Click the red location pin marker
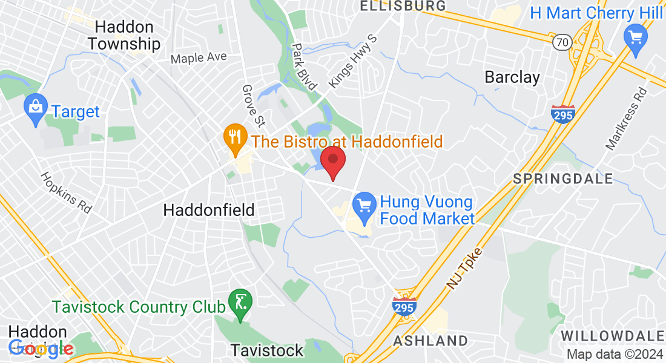(332, 161)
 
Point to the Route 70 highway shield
(562, 41)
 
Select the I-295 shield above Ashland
(404, 306)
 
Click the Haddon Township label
(124, 36)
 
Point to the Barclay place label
(512, 77)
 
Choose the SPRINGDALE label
(563, 178)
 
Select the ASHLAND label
(430, 341)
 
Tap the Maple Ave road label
(199, 58)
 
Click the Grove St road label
(254, 106)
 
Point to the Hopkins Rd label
(65, 192)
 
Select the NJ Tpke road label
(467, 267)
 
